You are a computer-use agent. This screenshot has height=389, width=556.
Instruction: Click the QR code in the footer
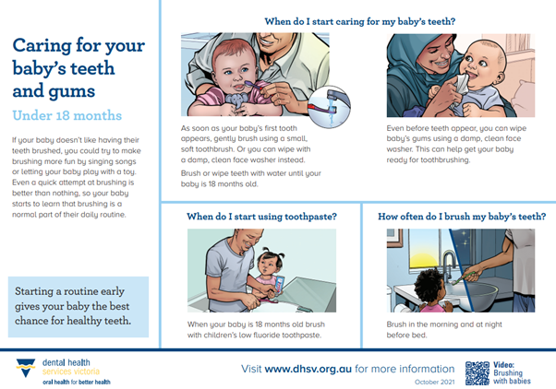pos(477,371)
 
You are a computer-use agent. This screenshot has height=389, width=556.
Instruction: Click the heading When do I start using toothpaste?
pos(261,217)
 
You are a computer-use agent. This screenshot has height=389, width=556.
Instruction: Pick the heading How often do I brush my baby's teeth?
pos(456,217)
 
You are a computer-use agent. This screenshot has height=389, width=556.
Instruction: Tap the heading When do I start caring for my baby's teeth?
pos(359,19)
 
